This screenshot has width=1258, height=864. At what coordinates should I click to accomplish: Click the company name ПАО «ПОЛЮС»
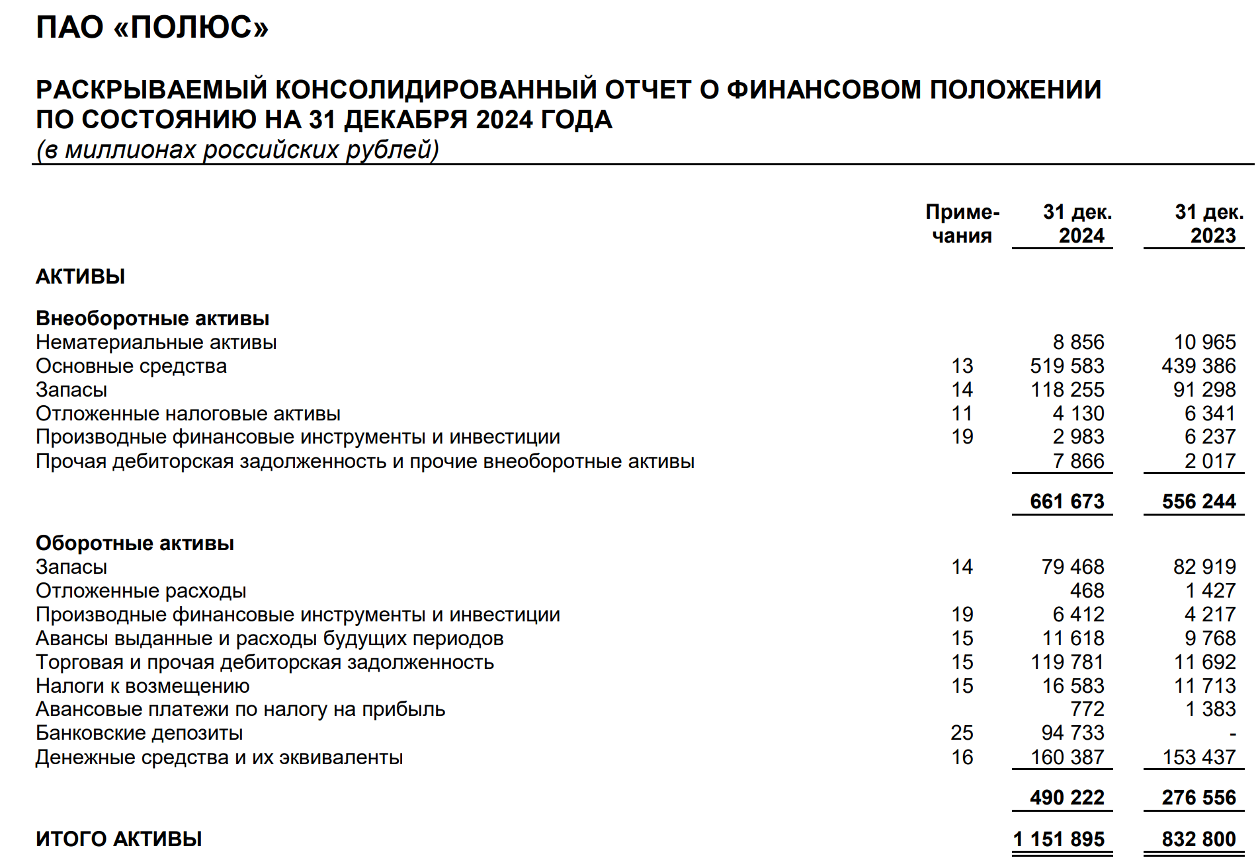click(x=152, y=28)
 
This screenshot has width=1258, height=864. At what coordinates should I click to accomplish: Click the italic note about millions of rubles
click(x=237, y=150)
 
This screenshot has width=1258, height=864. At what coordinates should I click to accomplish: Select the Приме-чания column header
click(x=962, y=223)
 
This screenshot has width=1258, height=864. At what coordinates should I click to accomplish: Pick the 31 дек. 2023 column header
click(x=1208, y=223)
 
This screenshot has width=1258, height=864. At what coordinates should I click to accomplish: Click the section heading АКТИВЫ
click(x=80, y=276)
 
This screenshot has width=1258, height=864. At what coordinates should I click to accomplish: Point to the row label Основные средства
click(x=131, y=366)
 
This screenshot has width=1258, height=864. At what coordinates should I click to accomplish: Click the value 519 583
click(x=1067, y=366)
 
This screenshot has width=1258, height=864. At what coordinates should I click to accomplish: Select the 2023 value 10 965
click(x=1204, y=342)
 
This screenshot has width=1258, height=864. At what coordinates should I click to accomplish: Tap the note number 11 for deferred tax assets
click(x=962, y=414)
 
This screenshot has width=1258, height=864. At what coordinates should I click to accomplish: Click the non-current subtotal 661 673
click(x=1067, y=502)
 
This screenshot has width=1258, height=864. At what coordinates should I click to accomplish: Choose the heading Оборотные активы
click(x=135, y=543)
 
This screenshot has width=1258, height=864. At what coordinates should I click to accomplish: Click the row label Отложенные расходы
click(x=141, y=591)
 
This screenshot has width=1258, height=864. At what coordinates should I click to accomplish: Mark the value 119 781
click(x=1067, y=662)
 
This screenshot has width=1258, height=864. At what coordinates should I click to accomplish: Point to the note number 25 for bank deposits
click(x=962, y=733)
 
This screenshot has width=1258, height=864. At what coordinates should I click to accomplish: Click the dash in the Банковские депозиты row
click(x=1232, y=734)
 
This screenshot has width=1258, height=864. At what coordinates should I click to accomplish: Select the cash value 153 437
click(x=1198, y=758)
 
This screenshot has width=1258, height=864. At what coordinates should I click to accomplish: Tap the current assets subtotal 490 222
click(x=1067, y=798)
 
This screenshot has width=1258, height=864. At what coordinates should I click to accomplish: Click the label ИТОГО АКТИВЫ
click(x=119, y=840)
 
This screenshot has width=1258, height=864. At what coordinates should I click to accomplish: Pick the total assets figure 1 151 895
click(x=1059, y=840)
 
